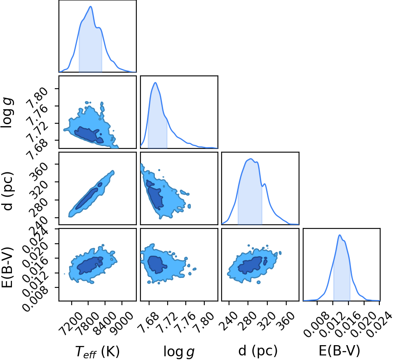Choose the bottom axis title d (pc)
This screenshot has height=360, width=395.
pos(258,351)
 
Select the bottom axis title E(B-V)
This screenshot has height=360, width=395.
pos(339,351)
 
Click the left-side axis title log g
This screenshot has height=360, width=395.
pos(7,113)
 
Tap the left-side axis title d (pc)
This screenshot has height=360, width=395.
pos(7,191)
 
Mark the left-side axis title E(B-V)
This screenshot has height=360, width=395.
pos(7,267)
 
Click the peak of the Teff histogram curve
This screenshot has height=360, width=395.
pos(91,7)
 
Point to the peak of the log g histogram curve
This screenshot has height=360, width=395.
pos(155,83)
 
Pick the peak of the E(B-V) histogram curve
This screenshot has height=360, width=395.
pos(339,235)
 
